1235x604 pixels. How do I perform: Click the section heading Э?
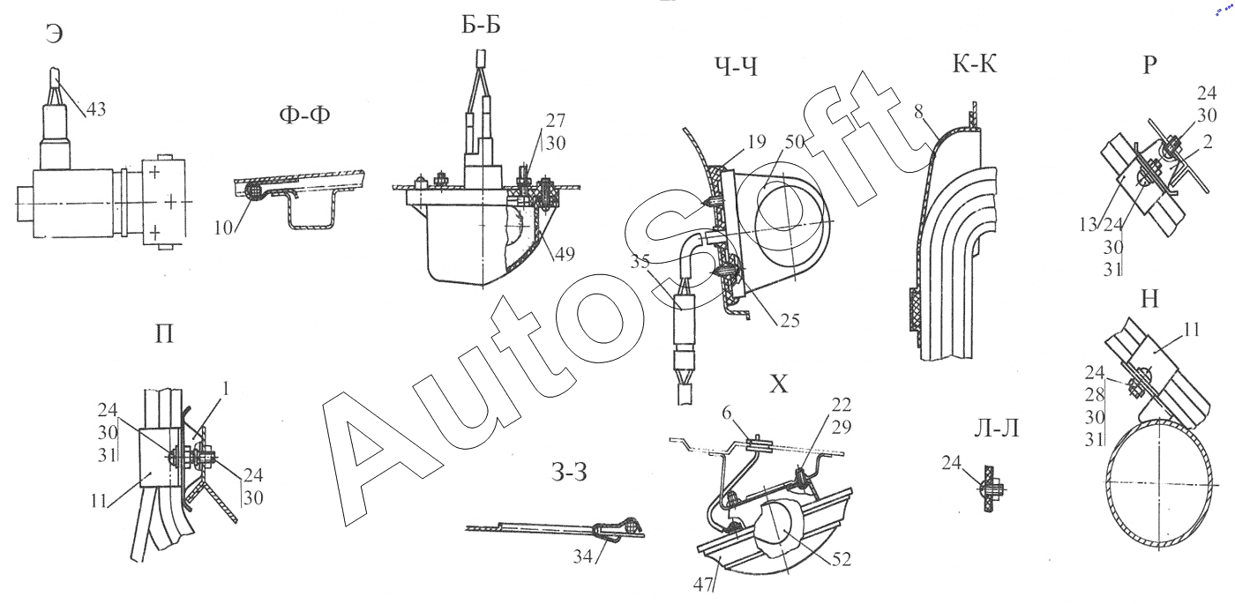click(x=54, y=34)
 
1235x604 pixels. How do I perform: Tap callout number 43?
click(x=96, y=109)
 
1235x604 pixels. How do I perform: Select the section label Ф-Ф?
click(x=304, y=115)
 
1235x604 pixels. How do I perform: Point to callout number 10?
click(x=223, y=227)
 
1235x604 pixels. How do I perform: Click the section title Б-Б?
click(x=481, y=25)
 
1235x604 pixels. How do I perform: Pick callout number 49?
click(x=565, y=254)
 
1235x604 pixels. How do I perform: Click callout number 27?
click(x=556, y=120)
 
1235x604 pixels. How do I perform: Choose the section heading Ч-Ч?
click(x=736, y=66)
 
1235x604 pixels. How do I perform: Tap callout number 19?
click(x=757, y=142)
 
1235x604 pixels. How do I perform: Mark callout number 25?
click(x=790, y=320)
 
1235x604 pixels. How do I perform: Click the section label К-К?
click(x=974, y=64)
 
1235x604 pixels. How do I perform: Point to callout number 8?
click(x=918, y=112)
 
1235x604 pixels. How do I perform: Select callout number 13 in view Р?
click(x=1089, y=225)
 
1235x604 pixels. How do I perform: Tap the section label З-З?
click(x=569, y=473)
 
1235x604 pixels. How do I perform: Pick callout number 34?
click(x=583, y=556)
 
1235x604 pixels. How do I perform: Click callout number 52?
click(x=842, y=559)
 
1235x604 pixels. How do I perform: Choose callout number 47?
click(x=703, y=584)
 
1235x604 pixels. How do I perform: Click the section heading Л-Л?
click(x=996, y=429)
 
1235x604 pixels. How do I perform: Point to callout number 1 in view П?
click(x=225, y=390)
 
